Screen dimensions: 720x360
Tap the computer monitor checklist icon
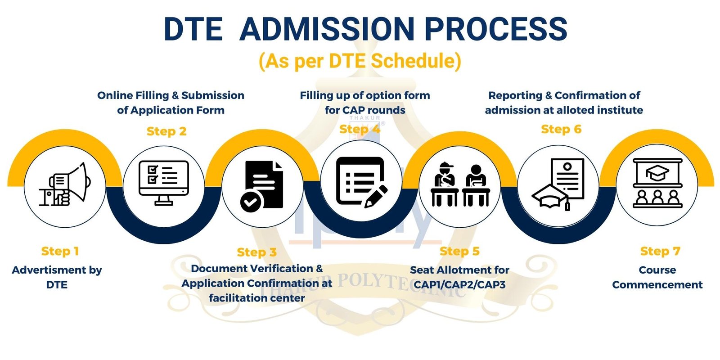click(164, 183)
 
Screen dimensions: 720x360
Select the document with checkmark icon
click(261, 186)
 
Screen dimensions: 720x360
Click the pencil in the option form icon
click(376, 196)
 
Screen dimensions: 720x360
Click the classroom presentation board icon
click(657, 183)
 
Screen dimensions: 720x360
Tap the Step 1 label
click(60, 251)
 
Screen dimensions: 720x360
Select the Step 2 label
click(166, 131)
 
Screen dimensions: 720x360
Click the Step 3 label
click(257, 252)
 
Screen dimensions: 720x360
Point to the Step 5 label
click(459, 251)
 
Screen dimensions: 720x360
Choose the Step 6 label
click(561, 129)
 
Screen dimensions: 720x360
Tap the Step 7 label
click(660, 251)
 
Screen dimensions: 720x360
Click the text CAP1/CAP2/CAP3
click(459, 284)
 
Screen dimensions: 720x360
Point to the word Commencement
click(657, 285)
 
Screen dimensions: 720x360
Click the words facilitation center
click(257, 298)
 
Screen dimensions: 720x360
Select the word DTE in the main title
click(193, 29)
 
